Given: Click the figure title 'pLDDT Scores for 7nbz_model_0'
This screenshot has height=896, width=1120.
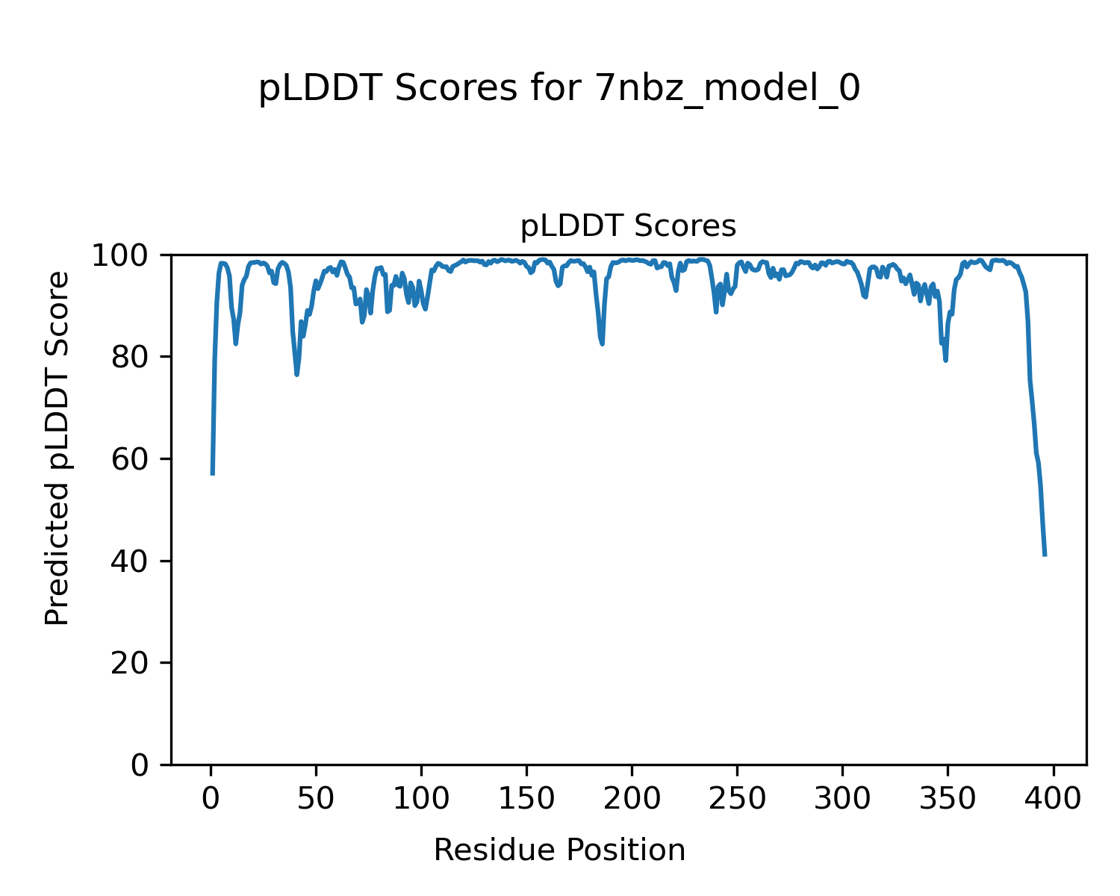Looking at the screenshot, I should pos(559,90).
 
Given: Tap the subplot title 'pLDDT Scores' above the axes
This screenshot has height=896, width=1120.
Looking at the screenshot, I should pos(628,226).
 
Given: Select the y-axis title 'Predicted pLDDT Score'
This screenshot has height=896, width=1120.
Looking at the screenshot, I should pos(57,448).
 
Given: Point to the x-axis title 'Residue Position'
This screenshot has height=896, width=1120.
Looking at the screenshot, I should pos(559,850).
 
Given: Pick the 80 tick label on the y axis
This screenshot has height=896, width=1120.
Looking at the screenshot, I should pos(131,357).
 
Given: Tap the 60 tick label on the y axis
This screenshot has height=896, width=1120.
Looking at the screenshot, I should pos(131,459).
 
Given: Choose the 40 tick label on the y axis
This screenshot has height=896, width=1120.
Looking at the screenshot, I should pos(131,561).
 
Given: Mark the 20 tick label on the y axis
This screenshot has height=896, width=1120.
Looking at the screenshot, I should pos(131,663).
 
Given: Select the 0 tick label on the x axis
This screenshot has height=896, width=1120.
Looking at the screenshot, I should pos(211,799).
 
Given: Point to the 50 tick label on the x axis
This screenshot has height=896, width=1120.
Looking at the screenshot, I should pos(316,799).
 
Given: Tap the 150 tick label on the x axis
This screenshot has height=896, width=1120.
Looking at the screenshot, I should pos(526,799).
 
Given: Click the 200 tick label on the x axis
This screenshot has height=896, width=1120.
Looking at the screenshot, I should pos(632,799).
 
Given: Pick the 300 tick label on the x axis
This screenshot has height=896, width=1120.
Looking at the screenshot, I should pos(842,799).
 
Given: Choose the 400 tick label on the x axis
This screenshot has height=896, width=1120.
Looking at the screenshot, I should pos(1053,799).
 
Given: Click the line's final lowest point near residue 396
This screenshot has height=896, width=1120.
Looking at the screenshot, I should pos(1045,556).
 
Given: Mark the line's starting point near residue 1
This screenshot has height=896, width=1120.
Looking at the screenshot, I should pos(213,474).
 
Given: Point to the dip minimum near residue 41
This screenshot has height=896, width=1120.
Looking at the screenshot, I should pos(296,375).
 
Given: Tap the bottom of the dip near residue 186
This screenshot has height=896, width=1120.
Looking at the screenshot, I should pos(602,343).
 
